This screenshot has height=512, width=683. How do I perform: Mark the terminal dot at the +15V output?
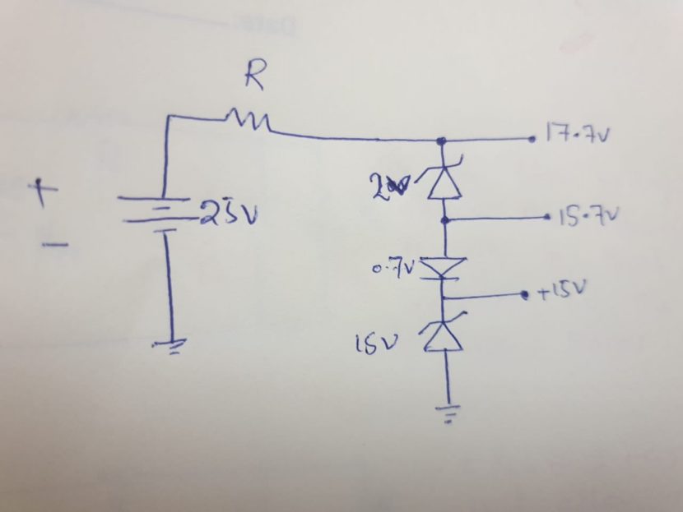(525, 294)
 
